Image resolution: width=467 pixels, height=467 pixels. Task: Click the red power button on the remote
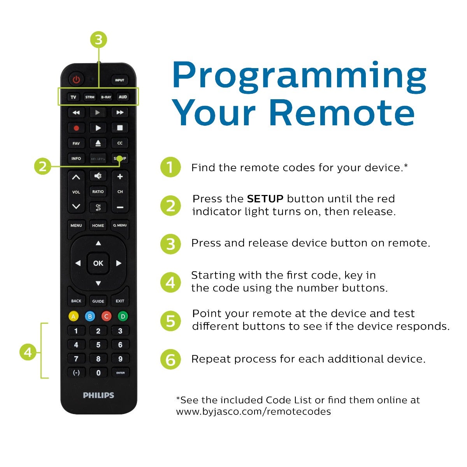click(76, 80)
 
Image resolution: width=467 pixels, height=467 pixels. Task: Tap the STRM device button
click(90, 97)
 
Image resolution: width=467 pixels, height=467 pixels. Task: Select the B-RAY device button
click(106, 97)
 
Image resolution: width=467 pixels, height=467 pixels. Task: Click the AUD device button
click(123, 97)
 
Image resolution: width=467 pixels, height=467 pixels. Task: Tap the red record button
click(76, 128)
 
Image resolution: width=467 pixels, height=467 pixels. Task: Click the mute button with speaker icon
click(98, 176)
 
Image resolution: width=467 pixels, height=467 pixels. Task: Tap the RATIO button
click(98, 191)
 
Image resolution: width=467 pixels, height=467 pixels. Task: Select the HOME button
click(98, 225)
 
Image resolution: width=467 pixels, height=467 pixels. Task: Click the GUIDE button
click(98, 301)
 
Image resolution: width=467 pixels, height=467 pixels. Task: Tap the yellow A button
click(74, 316)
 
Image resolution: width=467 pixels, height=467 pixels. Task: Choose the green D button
click(123, 316)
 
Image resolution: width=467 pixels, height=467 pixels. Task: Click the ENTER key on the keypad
click(120, 373)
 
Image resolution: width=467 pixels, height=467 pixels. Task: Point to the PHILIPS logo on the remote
click(98, 395)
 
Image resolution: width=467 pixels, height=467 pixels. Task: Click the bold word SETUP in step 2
click(265, 199)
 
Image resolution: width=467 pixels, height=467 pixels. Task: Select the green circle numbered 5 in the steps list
click(170, 321)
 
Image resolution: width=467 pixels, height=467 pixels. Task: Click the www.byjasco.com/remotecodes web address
click(253, 412)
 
